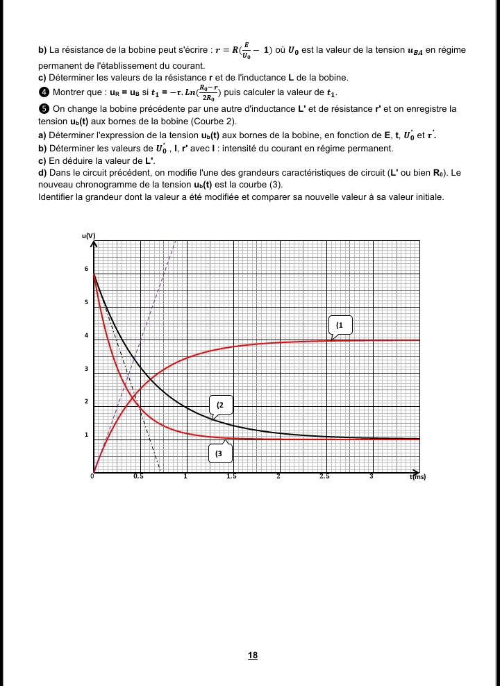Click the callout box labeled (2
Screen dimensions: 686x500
222,403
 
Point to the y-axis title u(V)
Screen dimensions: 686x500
89,236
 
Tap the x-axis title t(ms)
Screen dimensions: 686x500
417,477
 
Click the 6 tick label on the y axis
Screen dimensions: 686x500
85,269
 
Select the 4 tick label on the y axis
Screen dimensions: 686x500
85,335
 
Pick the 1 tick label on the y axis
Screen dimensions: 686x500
85,435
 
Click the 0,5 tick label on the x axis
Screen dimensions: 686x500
140,476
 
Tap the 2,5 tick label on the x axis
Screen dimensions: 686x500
325,476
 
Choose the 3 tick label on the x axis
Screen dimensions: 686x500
372,476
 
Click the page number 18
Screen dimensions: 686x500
253,655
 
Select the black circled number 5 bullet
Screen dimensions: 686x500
43,109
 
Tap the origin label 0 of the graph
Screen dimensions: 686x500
92,476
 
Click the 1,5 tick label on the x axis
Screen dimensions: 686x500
232,476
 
